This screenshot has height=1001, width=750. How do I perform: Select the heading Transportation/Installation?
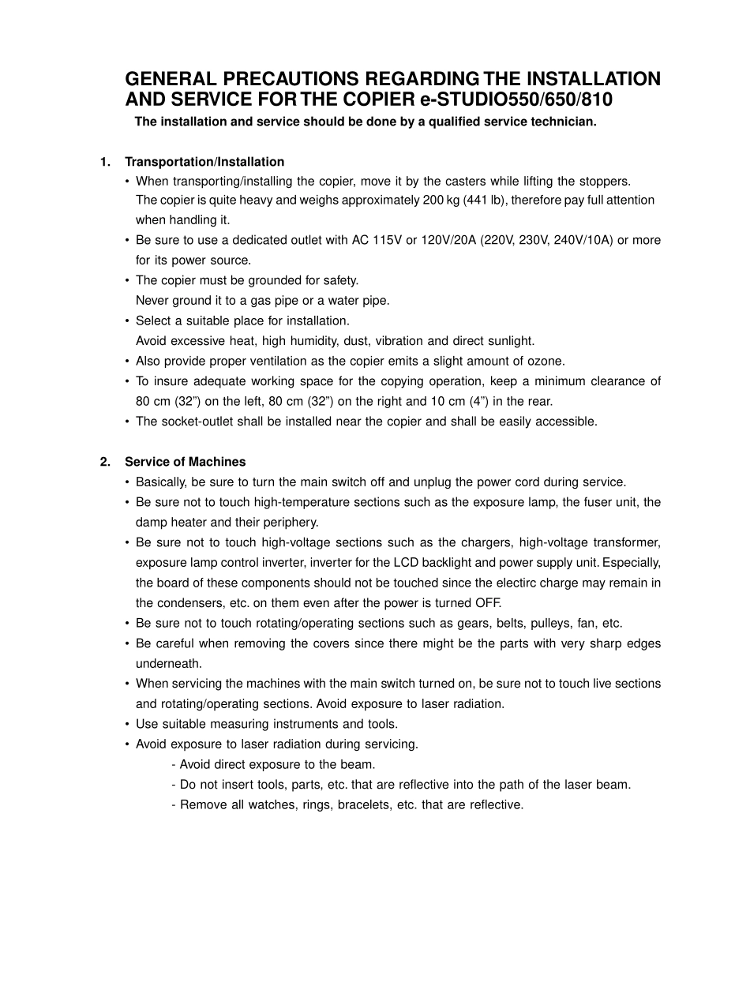pyautogui.click(x=204, y=162)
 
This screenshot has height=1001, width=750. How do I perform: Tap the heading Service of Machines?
pyautogui.click(x=185, y=462)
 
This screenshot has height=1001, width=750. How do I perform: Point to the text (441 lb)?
pyautogui.click(x=486, y=201)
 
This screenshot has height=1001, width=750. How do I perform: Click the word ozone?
pyautogui.click(x=548, y=361)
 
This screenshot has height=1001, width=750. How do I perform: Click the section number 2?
pyautogui.click(x=104, y=462)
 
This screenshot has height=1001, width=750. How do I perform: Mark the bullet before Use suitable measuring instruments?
pyautogui.click(x=128, y=724)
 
